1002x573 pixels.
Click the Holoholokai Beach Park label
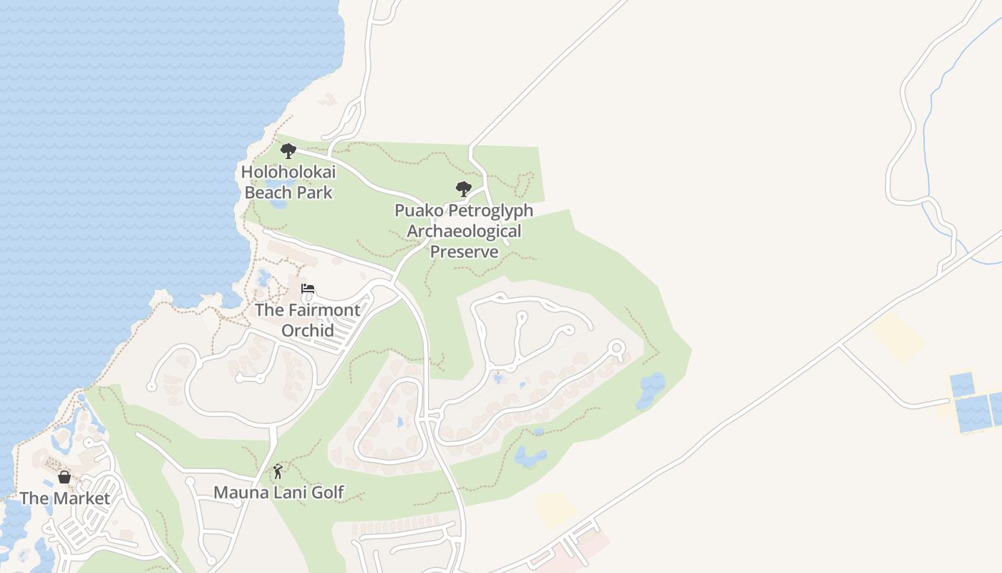[288, 182]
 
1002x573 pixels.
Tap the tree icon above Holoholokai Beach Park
[288, 151]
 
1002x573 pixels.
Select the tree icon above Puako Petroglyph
[464, 189]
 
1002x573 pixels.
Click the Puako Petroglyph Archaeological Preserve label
[464, 231]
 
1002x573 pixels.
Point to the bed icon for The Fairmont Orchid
[308, 289]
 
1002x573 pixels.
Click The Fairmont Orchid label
[308, 320]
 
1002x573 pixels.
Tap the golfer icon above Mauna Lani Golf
[278, 471]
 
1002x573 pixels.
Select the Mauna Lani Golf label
[279, 493]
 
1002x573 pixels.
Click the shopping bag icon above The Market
[64, 477]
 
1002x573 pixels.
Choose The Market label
[65, 499]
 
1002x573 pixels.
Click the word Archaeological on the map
[464, 231]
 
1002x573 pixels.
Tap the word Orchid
[308, 330]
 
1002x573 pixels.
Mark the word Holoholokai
[288, 172]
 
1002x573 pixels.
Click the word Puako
[417, 211]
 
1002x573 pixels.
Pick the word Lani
[288, 493]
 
